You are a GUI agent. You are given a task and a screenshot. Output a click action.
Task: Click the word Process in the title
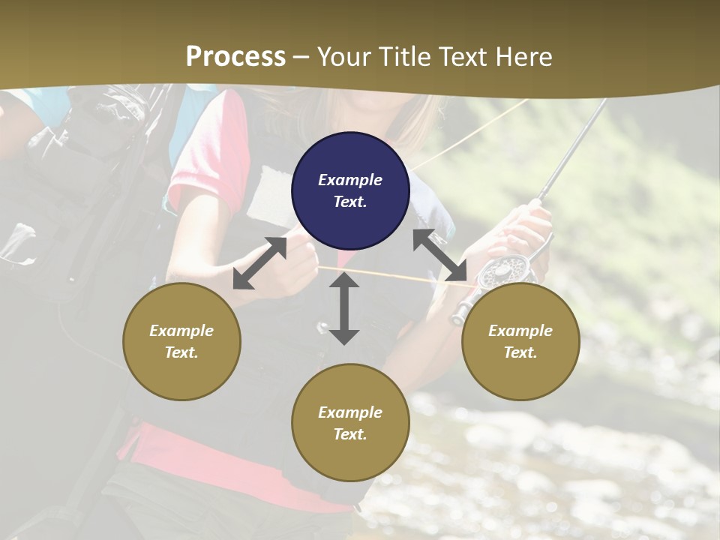pyautogui.click(x=235, y=56)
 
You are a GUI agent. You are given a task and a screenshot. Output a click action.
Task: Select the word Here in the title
pyautogui.click(x=523, y=56)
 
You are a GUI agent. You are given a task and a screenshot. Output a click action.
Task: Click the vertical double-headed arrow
pyautogui.click(x=344, y=308)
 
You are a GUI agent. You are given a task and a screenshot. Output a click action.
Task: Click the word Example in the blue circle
pyautogui.click(x=350, y=180)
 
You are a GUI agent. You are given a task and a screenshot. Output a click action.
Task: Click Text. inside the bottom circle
pyautogui.click(x=350, y=434)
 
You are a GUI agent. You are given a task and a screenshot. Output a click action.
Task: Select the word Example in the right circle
pyautogui.click(x=520, y=331)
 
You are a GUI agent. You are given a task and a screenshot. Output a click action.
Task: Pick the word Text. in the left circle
pyautogui.click(x=181, y=352)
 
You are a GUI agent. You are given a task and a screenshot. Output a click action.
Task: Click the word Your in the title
pyautogui.click(x=344, y=56)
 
